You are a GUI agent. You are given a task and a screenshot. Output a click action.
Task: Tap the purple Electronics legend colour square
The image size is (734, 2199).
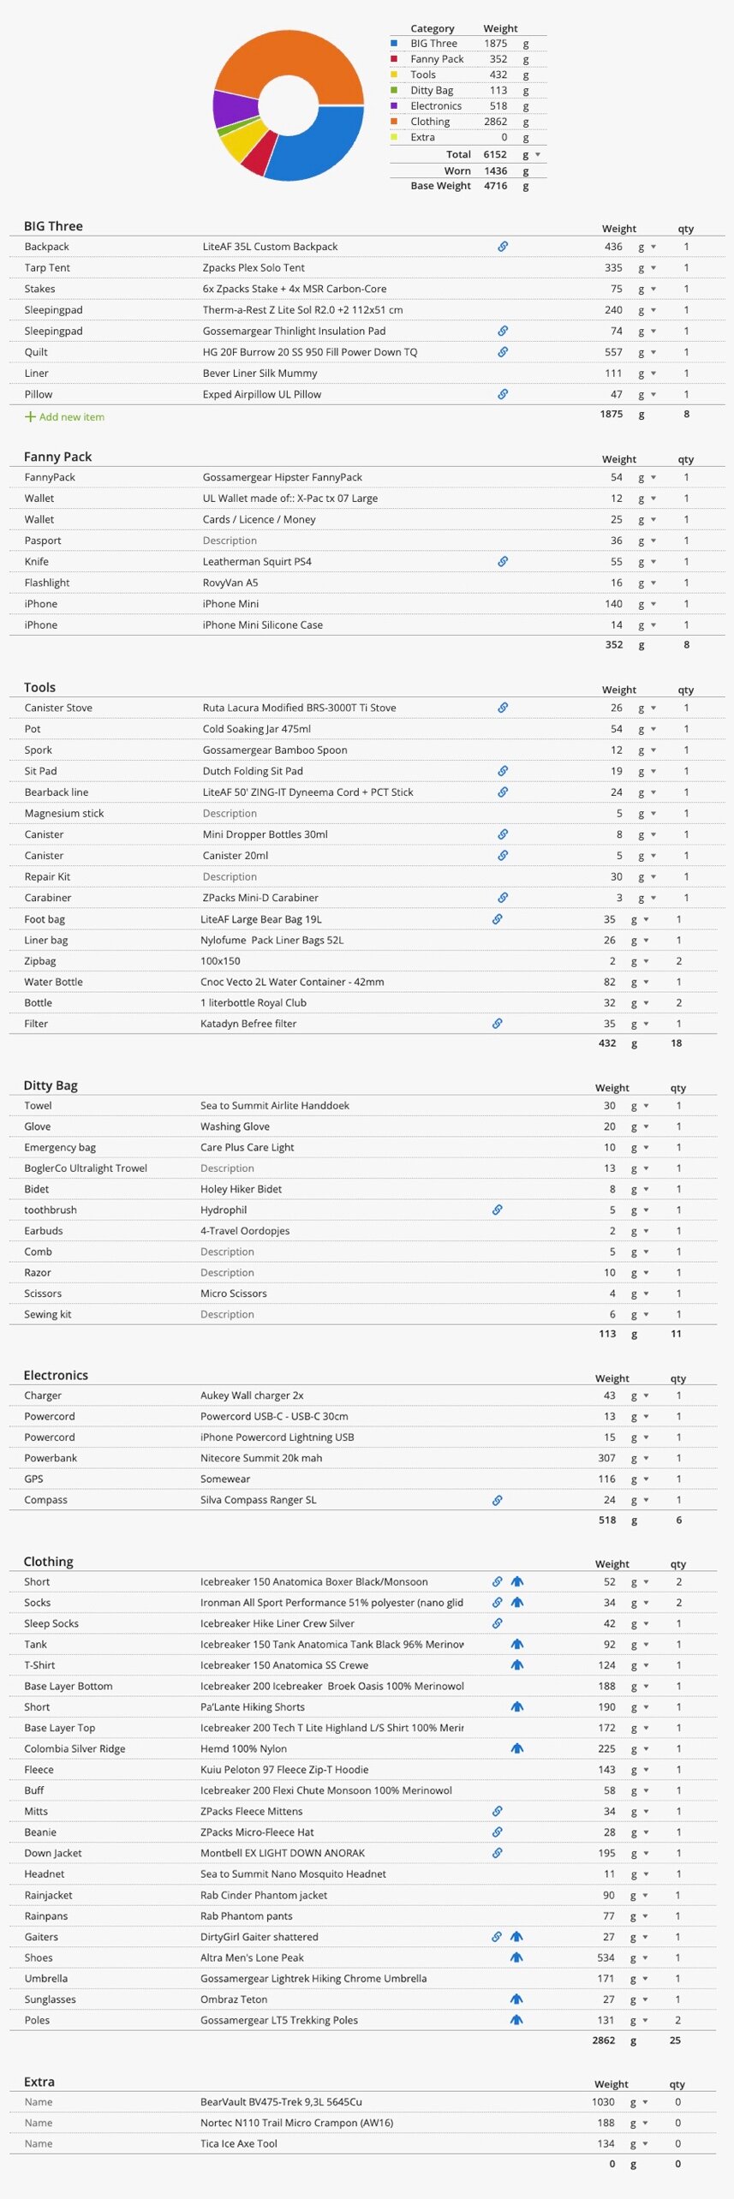[x=394, y=105]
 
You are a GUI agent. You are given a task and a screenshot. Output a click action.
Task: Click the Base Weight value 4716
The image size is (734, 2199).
[x=495, y=186]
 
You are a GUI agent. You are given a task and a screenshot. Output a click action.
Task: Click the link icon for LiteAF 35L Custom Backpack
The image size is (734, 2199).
[x=503, y=247]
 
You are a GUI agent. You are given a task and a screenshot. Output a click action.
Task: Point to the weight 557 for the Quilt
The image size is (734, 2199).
[x=613, y=352]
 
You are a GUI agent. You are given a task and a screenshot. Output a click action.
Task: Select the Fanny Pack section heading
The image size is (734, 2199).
[x=57, y=457]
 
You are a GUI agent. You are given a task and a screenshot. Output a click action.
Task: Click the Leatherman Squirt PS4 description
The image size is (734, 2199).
[x=257, y=562]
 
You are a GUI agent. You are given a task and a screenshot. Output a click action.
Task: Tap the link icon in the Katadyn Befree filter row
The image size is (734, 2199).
[x=497, y=1024]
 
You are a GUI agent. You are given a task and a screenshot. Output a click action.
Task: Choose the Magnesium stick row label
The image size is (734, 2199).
[x=63, y=814]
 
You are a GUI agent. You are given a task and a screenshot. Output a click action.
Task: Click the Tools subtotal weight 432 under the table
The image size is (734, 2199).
[x=606, y=1043]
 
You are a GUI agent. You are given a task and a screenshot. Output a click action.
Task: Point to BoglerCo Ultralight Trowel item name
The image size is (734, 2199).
[x=86, y=1168]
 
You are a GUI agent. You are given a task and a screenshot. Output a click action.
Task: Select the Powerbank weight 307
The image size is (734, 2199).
[x=606, y=1458]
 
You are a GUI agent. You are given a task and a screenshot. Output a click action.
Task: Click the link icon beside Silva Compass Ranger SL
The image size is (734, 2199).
[x=497, y=1500]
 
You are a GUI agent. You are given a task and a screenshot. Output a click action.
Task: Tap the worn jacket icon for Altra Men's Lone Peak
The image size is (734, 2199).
[x=516, y=1957]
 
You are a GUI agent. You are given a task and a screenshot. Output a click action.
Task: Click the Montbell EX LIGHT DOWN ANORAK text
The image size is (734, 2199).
[x=283, y=1853]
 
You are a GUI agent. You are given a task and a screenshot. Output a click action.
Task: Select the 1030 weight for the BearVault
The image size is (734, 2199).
[x=603, y=2102]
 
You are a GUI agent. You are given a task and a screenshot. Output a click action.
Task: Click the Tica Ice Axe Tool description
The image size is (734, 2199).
[x=239, y=2144]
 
